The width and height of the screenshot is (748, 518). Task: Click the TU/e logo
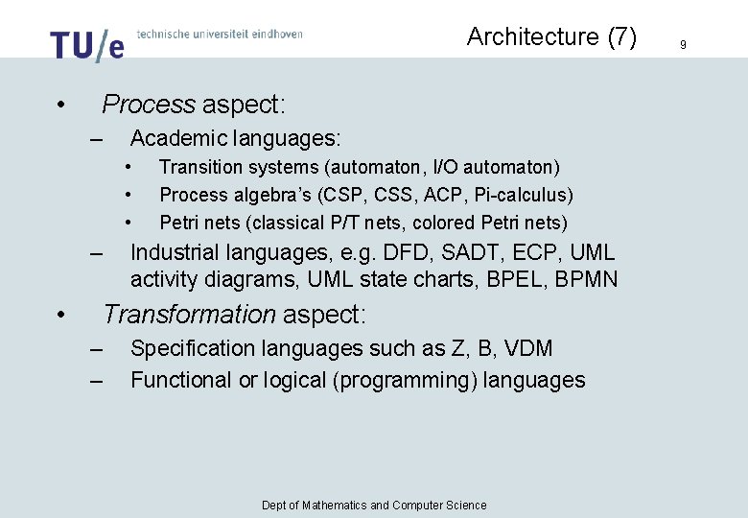click(86, 44)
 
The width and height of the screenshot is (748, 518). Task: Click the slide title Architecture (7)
click(551, 36)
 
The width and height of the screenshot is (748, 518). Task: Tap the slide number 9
click(683, 44)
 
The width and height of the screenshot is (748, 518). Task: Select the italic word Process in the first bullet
click(149, 104)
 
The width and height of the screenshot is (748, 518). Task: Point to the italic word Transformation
click(189, 315)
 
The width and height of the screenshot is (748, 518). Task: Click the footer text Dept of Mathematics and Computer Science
click(374, 506)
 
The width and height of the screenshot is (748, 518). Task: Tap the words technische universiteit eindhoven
click(220, 35)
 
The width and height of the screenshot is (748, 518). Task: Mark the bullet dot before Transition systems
click(129, 168)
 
